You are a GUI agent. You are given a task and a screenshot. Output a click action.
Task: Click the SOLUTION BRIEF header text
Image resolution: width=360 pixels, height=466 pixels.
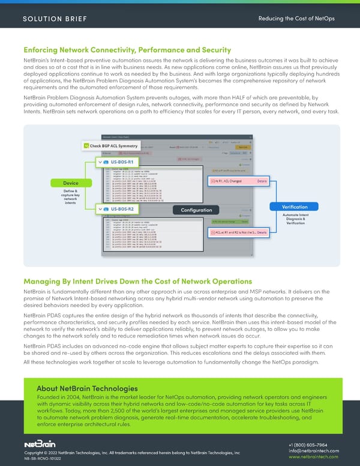pyautogui.click(x=55, y=18)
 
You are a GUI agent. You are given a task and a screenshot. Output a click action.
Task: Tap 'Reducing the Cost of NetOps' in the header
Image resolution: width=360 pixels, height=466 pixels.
pyautogui.click(x=296, y=18)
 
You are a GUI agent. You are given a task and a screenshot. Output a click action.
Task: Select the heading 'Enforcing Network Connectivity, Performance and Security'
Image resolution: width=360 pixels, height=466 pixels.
pyautogui.click(x=127, y=50)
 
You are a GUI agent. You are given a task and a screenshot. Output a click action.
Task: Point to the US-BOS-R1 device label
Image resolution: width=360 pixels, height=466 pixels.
pyautogui.click(x=118, y=162)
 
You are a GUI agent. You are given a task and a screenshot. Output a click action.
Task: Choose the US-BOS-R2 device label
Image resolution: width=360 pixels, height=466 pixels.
pyautogui.click(x=118, y=209)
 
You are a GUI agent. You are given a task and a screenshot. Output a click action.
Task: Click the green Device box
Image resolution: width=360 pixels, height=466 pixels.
pyautogui.click(x=71, y=183)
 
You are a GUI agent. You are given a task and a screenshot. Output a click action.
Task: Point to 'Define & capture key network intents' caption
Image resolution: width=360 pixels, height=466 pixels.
pyautogui.click(x=71, y=198)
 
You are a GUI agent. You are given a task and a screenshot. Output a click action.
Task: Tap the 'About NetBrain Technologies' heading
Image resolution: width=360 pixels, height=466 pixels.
pyautogui.click(x=87, y=388)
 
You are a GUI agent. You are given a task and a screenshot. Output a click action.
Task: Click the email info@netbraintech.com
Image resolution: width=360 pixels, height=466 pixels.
pyautogui.click(x=314, y=451)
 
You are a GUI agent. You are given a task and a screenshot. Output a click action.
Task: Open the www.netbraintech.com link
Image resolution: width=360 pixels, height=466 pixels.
pyautogui.click(x=314, y=459)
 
